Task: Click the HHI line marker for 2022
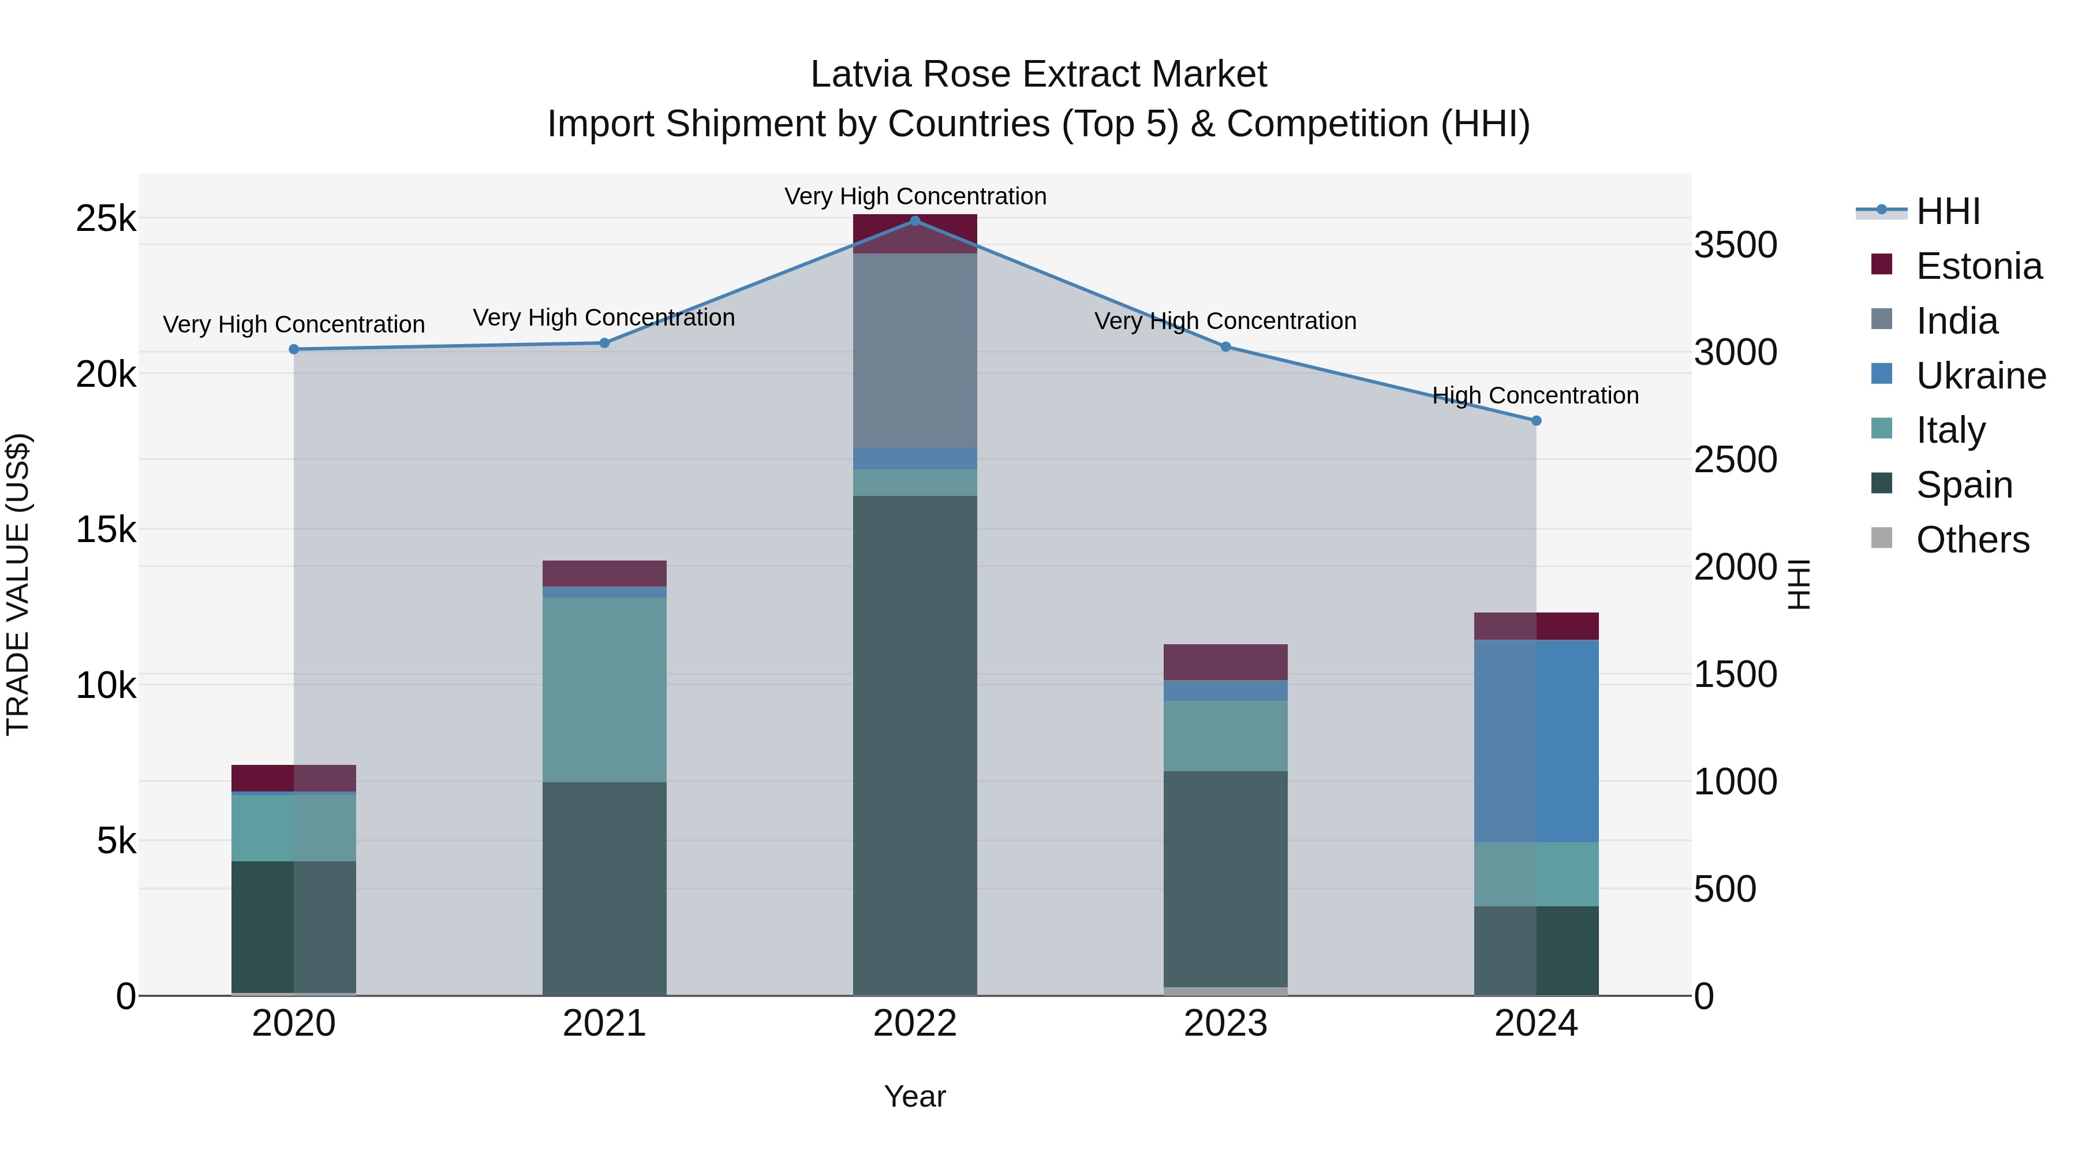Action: (x=915, y=221)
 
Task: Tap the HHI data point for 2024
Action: (x=1536, y=420)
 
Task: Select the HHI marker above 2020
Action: (x=294, y=349)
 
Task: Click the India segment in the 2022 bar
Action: (x=915, y=351)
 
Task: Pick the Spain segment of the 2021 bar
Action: (x=604, y=887)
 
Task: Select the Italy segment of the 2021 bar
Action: (x=604, y=690)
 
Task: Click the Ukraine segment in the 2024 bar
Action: (x=1536, y=741)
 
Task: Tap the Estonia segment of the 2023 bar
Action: (x=1225, y=662)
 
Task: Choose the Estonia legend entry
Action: (x=1978, y=266)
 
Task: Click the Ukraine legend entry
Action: (x=1980, y=376)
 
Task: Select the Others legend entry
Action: (x=1972, y=540)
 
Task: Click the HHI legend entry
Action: (x=1948, y=211)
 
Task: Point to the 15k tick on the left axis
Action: (x=106, y=530)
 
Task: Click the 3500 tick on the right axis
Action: (x=1735, y=245)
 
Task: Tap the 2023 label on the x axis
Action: (x=1225, y=1024)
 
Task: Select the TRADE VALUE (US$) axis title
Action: (x=18, y=584)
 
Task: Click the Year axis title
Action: (x=915, y=1096)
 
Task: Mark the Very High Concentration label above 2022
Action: (x=915, y=196)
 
